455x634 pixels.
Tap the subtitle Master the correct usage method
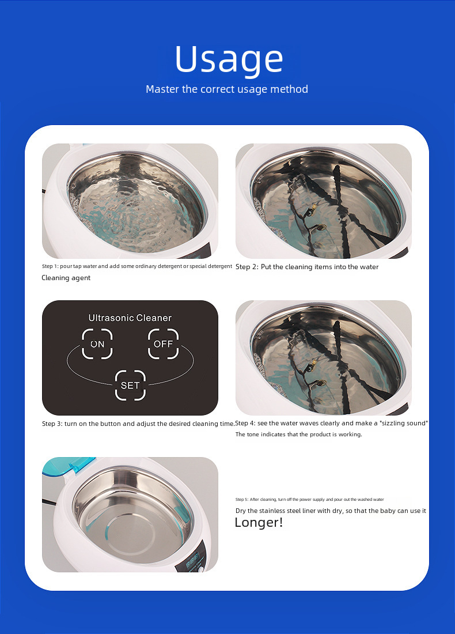(x=227, y=89)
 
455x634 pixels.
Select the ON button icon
(x=97, y=344)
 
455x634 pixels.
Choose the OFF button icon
(x=163, y=344)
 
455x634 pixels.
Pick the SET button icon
(x=130, y=386)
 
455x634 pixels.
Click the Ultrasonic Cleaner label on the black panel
(x=130, y=318)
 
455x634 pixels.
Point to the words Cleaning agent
(x=66, y=278)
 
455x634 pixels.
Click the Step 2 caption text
(x=307, y=267)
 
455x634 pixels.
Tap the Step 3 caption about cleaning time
(x=138, y=424)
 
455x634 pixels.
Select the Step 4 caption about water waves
(x=331, y=424)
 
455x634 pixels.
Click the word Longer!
(x=259, y=522)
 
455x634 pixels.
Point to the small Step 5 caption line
(x=309, y=499)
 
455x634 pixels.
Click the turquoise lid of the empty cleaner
(x=68, y=465)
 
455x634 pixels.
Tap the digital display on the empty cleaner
(x=192, y=560)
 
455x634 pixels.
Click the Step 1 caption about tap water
(x=136, y=266)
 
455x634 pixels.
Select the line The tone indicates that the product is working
(x=298, y=434)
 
